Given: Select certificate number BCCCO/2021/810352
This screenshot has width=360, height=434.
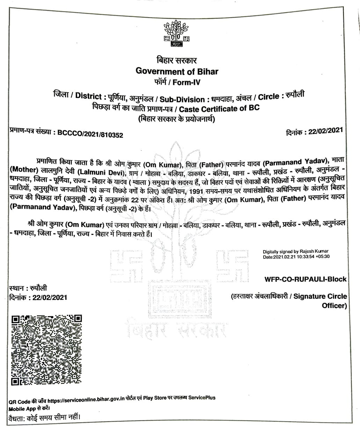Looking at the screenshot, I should (90, 135).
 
